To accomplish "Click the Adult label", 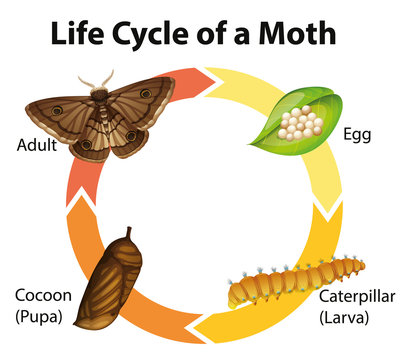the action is click(x=36, y=144).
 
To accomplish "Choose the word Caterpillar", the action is click(x=357, y=297).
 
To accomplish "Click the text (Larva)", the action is click(x=350, y=317).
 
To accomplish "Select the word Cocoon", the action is click(x=42, y=296).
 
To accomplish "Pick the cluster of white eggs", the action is click(x=301, y=122).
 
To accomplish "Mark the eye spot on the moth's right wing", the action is click(x=146, y=96).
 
